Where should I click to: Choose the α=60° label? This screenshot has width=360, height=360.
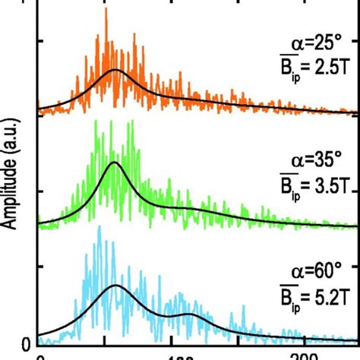(x=320, y=271)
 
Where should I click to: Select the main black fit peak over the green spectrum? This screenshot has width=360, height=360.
(x=115, y=163)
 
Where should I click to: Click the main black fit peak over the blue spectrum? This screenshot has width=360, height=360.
(x=115, y=286)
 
